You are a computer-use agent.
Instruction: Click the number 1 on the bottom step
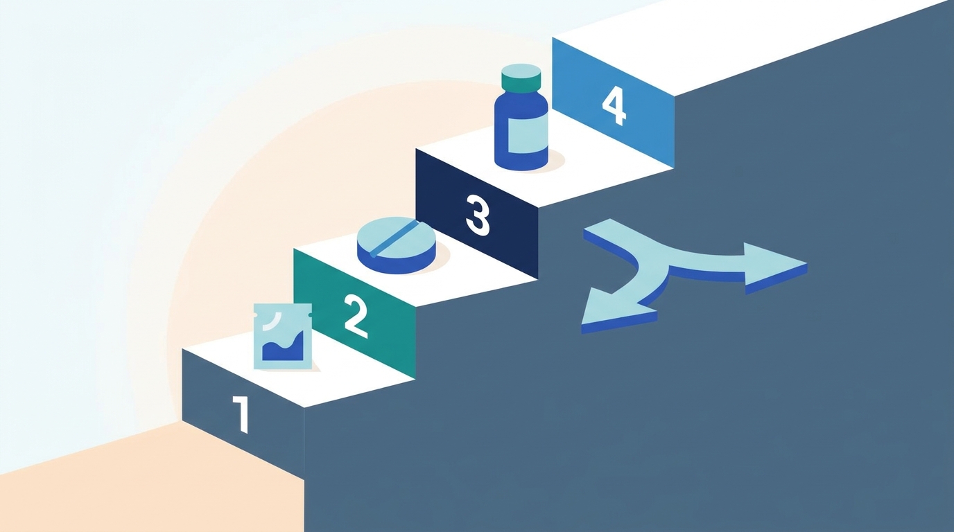[241, 414]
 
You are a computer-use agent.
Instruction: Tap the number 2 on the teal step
[356, 317]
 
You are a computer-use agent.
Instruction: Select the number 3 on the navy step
[478, 215]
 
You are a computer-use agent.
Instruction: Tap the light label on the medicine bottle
[527, 134]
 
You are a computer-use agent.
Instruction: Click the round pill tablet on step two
[396, 245]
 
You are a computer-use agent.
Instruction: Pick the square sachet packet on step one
[282, 336]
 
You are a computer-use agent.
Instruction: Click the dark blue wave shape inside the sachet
[284, 347]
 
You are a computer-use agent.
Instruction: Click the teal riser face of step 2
[354, 313]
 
